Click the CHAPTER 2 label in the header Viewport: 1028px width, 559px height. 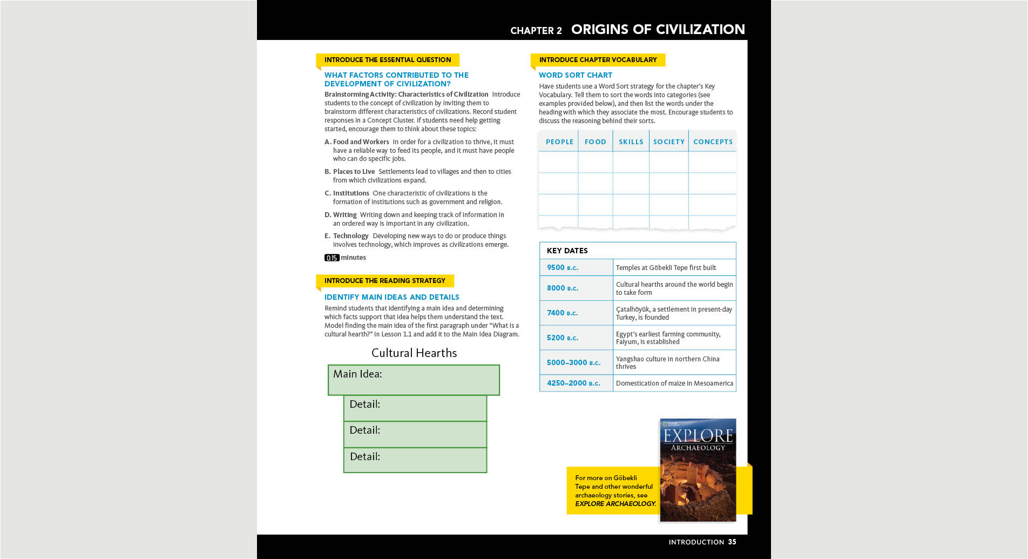(536, 31)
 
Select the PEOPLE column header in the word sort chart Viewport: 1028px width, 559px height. (559, 142)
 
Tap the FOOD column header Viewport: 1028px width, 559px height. (595, 142)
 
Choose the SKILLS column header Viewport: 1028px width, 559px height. (631, 142)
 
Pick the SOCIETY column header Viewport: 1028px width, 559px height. (668, 142)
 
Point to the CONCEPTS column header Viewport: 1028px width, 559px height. (713, 142)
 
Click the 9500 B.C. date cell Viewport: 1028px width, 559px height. (562, 268)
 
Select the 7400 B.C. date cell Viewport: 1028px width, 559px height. (562, 313)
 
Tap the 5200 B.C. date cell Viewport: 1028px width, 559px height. (562, 338)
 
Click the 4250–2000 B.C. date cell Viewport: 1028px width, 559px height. (573, 383)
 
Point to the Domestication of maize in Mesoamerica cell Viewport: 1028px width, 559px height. (674, 383)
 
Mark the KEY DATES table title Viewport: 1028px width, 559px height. (567, 251)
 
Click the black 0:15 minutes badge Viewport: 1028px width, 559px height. (332, 258)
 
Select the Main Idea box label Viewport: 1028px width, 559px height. (357, 374)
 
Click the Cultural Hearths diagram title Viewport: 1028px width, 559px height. (414, 353)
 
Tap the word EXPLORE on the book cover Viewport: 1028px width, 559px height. (698, 436)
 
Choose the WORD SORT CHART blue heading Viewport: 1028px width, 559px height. (575, 76)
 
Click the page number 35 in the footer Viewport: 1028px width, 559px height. (732, 542)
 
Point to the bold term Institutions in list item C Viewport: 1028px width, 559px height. (351, 193)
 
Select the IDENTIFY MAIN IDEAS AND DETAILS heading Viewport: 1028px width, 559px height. (391, 298)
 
